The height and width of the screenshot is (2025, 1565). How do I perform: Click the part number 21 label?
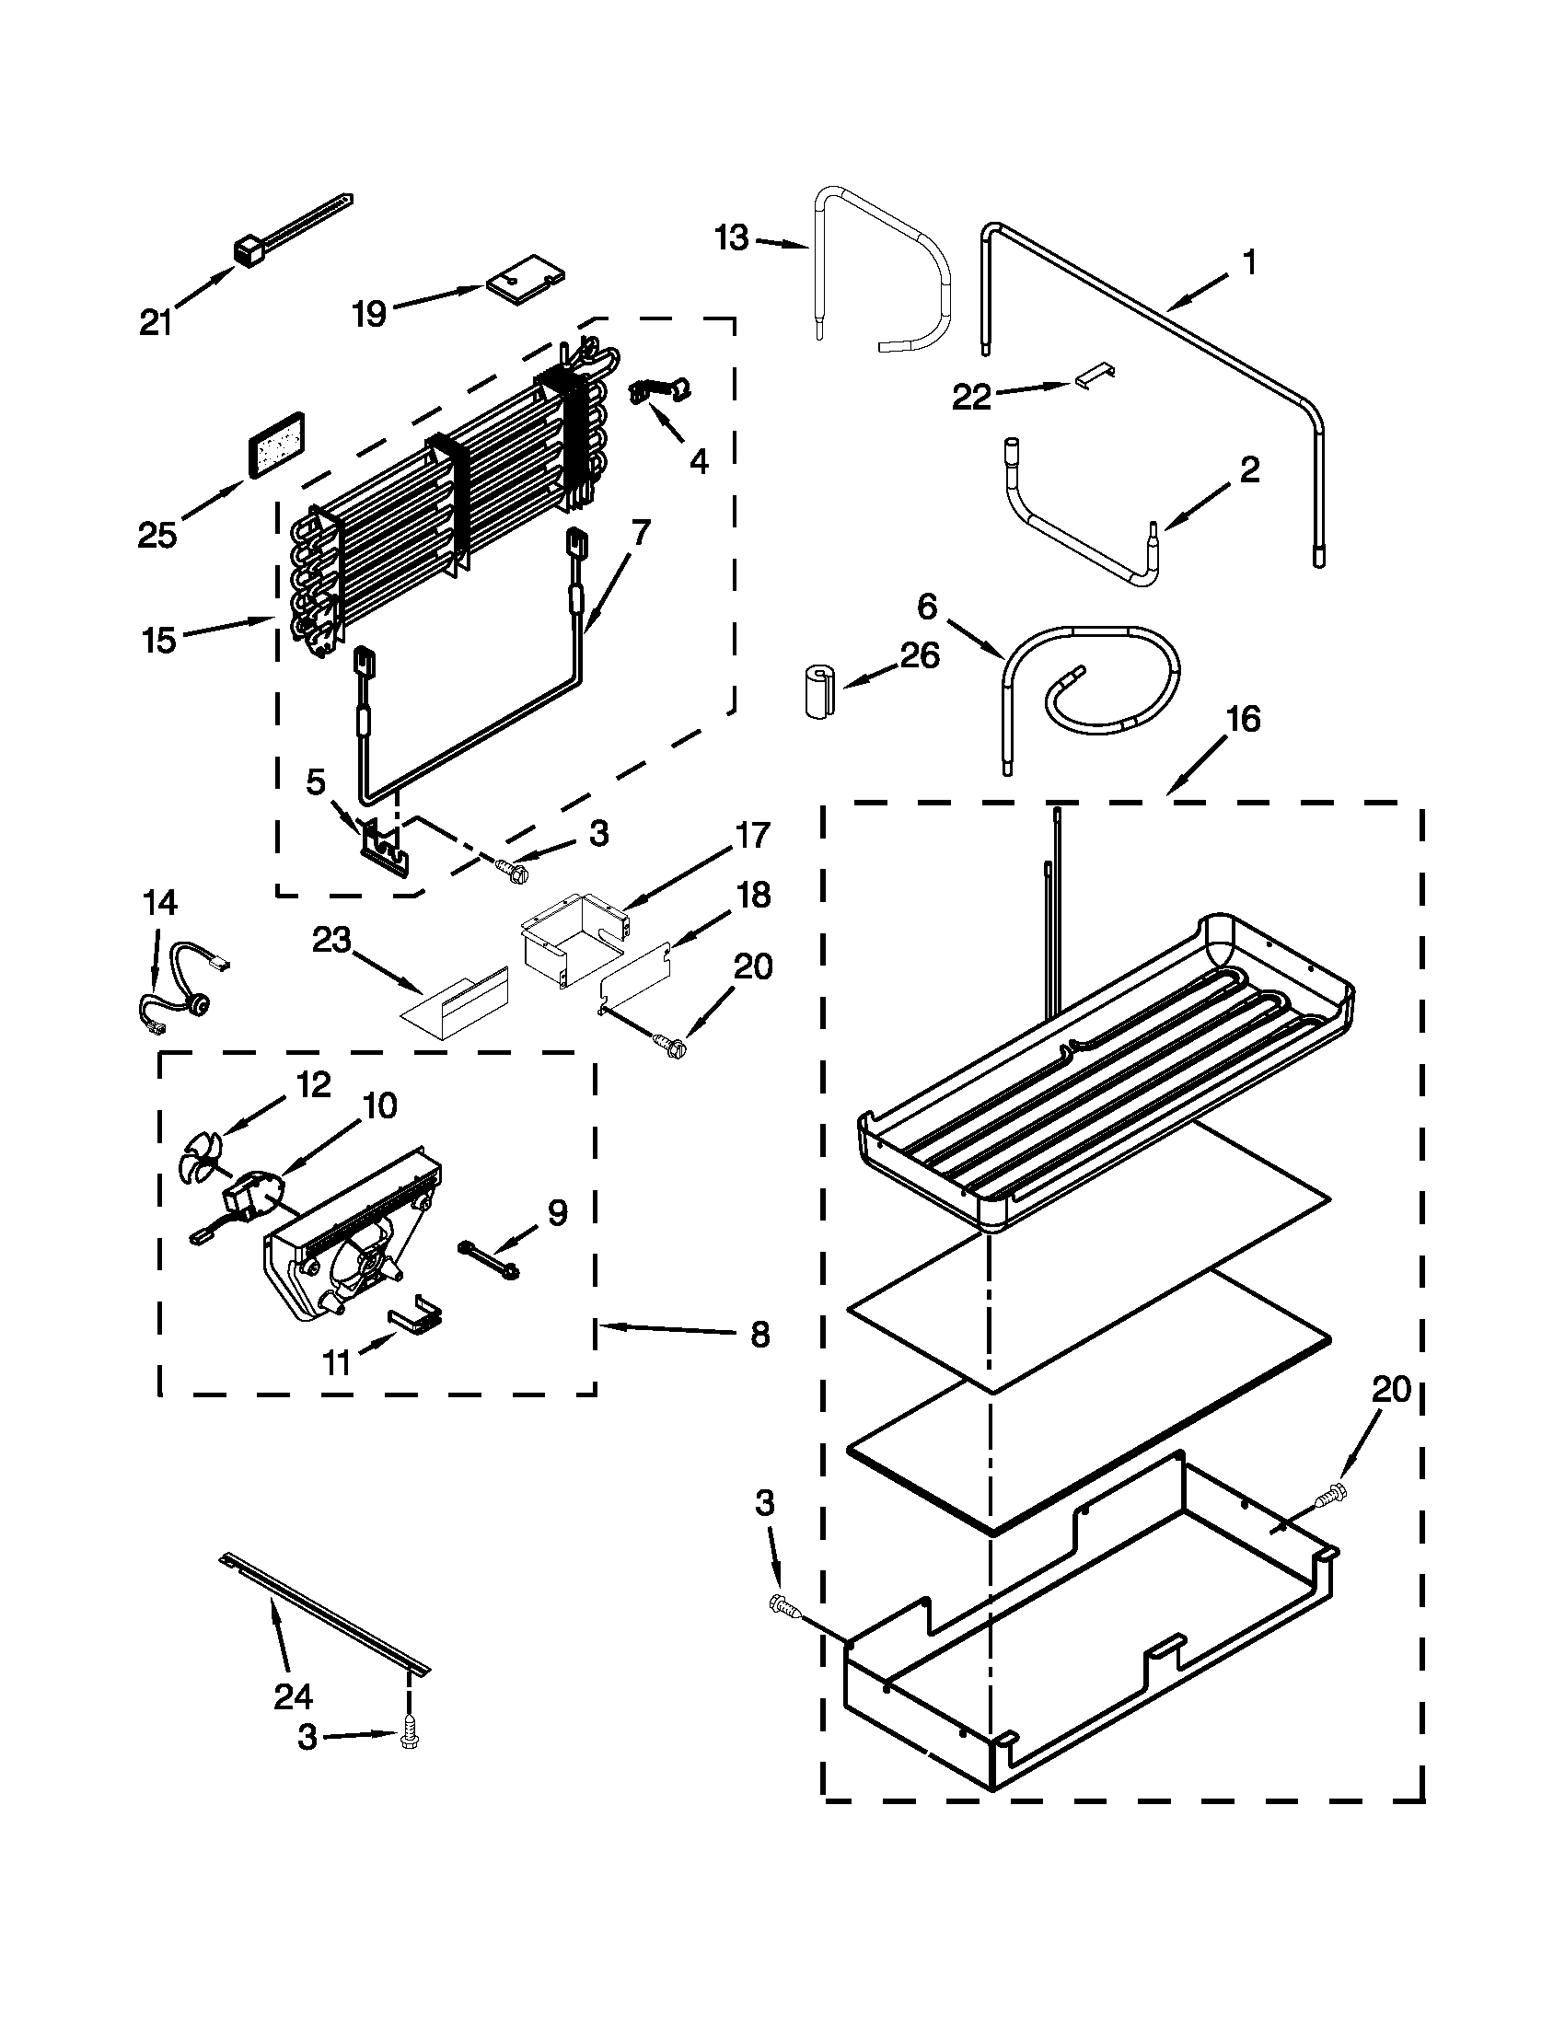(x=156, y=324)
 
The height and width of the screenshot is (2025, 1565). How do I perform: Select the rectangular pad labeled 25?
(x=274, y=445)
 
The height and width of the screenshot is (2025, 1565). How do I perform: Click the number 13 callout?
(x=732, y=238)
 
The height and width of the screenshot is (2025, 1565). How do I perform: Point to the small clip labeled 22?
(x=1095, y=376)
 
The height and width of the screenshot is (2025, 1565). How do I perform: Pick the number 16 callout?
(x=1243, y=720)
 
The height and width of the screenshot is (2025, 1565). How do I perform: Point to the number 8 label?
(x=759, y=1335)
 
